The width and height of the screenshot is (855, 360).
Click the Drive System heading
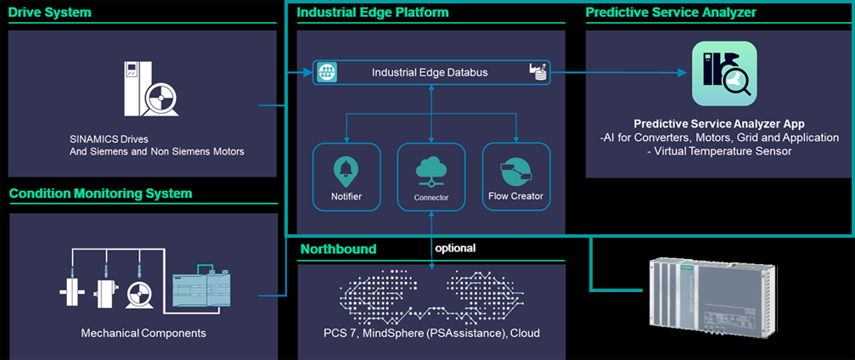point(49,13)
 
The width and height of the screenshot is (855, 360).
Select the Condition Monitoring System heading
point(100,194)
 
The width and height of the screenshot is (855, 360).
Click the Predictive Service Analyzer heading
point(671,13)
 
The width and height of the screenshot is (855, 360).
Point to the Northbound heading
point(338,250)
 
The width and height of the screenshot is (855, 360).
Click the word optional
point(455,249)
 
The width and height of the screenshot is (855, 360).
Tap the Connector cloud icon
point(431,170)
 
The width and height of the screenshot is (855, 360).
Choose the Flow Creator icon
point(515,167)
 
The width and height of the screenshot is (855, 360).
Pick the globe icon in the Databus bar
point(327,73)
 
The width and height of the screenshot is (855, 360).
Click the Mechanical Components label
point(143,333)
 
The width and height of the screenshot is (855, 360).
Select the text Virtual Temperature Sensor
point(723,151)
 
